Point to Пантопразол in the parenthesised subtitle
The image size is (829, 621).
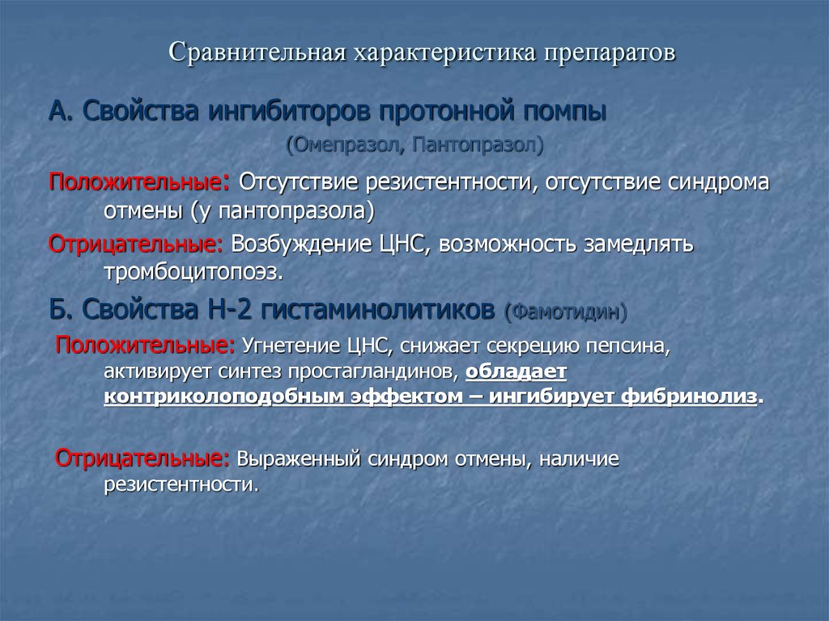(x=477, y=147)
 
